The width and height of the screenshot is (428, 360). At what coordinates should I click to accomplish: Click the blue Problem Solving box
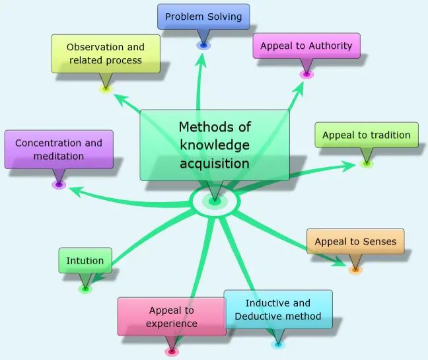[x=203, y=17]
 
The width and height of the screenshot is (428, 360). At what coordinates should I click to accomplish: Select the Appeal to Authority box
[x=306, y=46]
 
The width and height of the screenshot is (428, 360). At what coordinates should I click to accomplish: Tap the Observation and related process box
[x=106, y=54]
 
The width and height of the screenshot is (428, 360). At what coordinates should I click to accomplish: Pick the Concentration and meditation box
[x=58, y=149]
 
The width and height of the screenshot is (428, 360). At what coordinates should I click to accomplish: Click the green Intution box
[x=85, y=261]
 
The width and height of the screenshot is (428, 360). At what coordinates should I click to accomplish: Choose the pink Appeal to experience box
[x=172, y=316]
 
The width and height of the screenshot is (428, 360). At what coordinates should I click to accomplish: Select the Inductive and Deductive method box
[x=277, y=310]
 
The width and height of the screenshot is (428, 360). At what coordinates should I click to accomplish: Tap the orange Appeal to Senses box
[x=355, y=242]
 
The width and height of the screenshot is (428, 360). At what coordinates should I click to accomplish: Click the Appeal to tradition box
[x=366, y=135]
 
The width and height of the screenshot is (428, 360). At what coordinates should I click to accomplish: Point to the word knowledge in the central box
[x=215, y=145]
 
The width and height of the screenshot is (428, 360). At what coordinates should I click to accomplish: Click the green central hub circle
[x=213, y=201]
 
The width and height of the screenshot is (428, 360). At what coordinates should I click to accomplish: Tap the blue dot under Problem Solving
[x=203, y=45]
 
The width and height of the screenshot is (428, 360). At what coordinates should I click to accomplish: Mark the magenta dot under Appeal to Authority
[x=306, y=75]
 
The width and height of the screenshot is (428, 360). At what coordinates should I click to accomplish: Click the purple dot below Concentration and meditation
[x=59, y=184]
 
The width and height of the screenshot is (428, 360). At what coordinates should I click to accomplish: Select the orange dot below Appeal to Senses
[x=355, y=270]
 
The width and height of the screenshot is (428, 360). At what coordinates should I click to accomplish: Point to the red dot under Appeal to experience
[x=172, y=352]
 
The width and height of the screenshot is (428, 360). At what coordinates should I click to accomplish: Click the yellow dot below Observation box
[x=106, y=88]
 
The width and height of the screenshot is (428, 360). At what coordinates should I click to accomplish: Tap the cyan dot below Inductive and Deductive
[x=278, y=344]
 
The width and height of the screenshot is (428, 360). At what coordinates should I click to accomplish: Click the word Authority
[x=328, y=46]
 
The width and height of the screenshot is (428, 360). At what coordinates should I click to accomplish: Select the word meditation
[x=59, y=157]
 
